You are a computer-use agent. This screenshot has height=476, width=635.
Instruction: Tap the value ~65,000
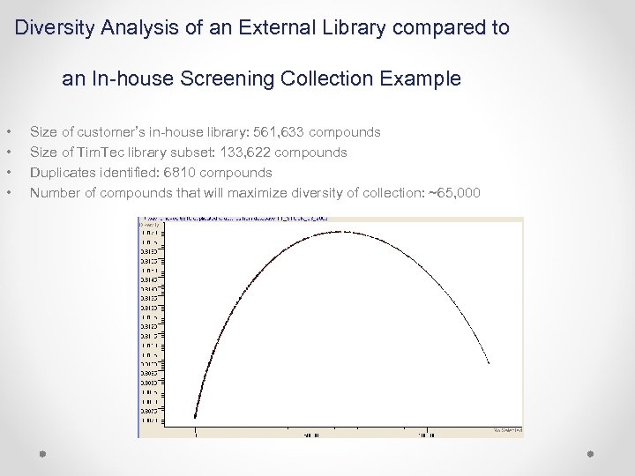[453, 193]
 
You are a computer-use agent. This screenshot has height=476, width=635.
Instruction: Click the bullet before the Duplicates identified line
[8, 173]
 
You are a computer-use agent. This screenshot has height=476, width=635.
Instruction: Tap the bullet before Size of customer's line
[8, 132]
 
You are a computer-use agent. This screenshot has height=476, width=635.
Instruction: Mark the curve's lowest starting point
[195, 417]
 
